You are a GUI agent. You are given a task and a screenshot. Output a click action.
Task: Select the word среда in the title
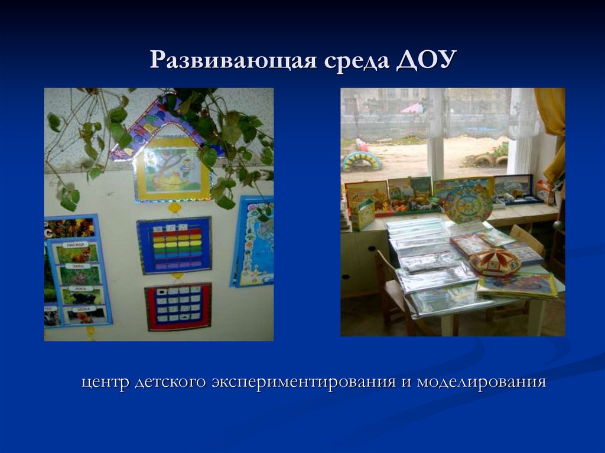pos(355,61)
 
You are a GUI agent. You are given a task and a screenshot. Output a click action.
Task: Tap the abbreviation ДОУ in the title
pos(427,61)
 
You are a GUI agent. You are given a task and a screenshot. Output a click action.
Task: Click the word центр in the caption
pos(105,382)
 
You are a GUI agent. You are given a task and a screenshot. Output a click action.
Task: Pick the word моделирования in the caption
pos(481,382)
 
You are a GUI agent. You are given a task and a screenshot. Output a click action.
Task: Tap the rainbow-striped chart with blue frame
pos(174,245)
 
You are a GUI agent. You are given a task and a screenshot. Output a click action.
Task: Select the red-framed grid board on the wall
pos(178,306)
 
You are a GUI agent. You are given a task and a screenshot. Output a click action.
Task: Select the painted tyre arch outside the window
pos(362,161)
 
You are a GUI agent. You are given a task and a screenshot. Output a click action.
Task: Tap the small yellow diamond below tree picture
pos(174,207)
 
